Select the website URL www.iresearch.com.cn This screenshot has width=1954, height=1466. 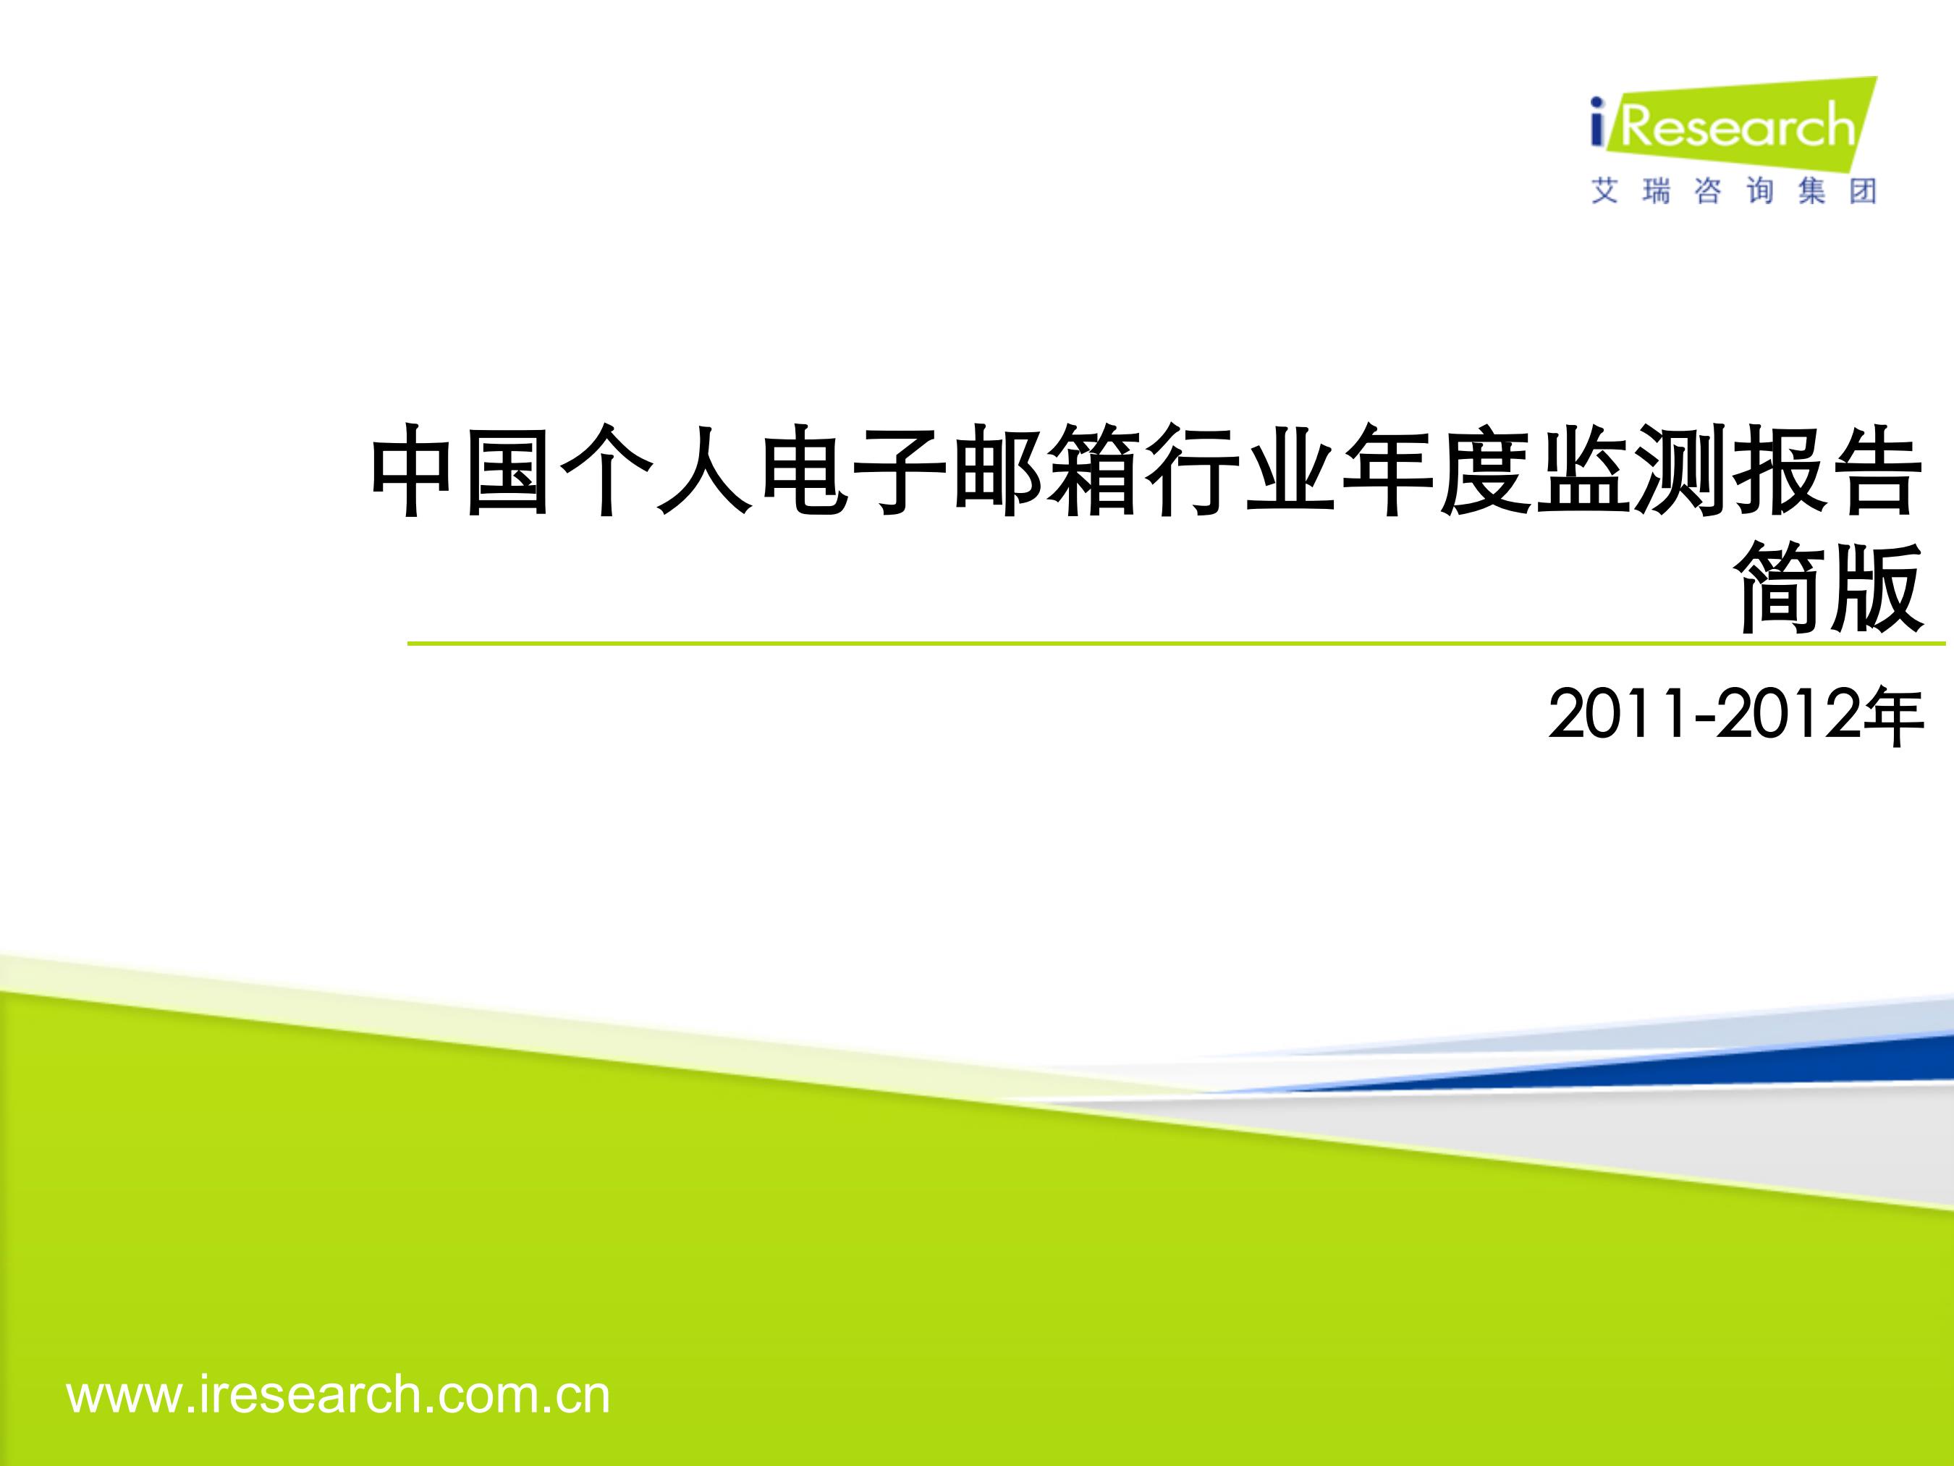click(x=338, y=1395)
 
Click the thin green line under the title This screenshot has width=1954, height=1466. click(x=1176, y=644)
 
